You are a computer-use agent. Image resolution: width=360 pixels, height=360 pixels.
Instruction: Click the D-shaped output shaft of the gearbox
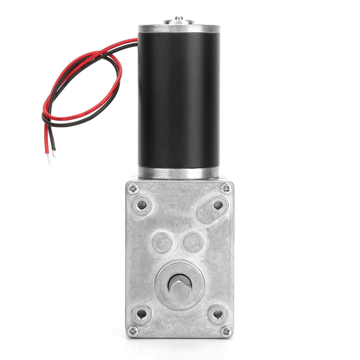click(179, 286)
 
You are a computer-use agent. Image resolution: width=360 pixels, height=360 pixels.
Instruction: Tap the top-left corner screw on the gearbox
click(133, 187)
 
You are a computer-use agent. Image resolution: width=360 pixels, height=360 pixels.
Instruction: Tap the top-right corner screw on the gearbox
click(226, 187)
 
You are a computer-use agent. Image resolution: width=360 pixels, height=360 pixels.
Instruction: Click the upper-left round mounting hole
click(142, 205)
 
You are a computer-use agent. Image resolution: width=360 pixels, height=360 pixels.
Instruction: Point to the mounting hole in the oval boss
click(218, 205)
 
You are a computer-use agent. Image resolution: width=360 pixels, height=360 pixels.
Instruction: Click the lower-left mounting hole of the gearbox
click(142, 314)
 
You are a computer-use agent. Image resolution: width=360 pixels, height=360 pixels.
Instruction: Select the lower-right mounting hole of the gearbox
click(218, 314)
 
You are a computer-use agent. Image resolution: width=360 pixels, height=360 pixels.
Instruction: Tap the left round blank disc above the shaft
click(162, 242)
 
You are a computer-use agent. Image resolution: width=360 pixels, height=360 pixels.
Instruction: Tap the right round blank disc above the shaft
click(193, 242)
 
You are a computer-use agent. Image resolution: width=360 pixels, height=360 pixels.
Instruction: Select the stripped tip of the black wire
click(54, 153)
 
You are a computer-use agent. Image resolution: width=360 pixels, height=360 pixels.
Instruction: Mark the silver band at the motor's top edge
click(179, 29)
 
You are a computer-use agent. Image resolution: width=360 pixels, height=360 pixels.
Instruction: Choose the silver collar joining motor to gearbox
click(178, 173)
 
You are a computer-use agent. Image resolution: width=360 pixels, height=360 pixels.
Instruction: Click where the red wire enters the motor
click(137, 40)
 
